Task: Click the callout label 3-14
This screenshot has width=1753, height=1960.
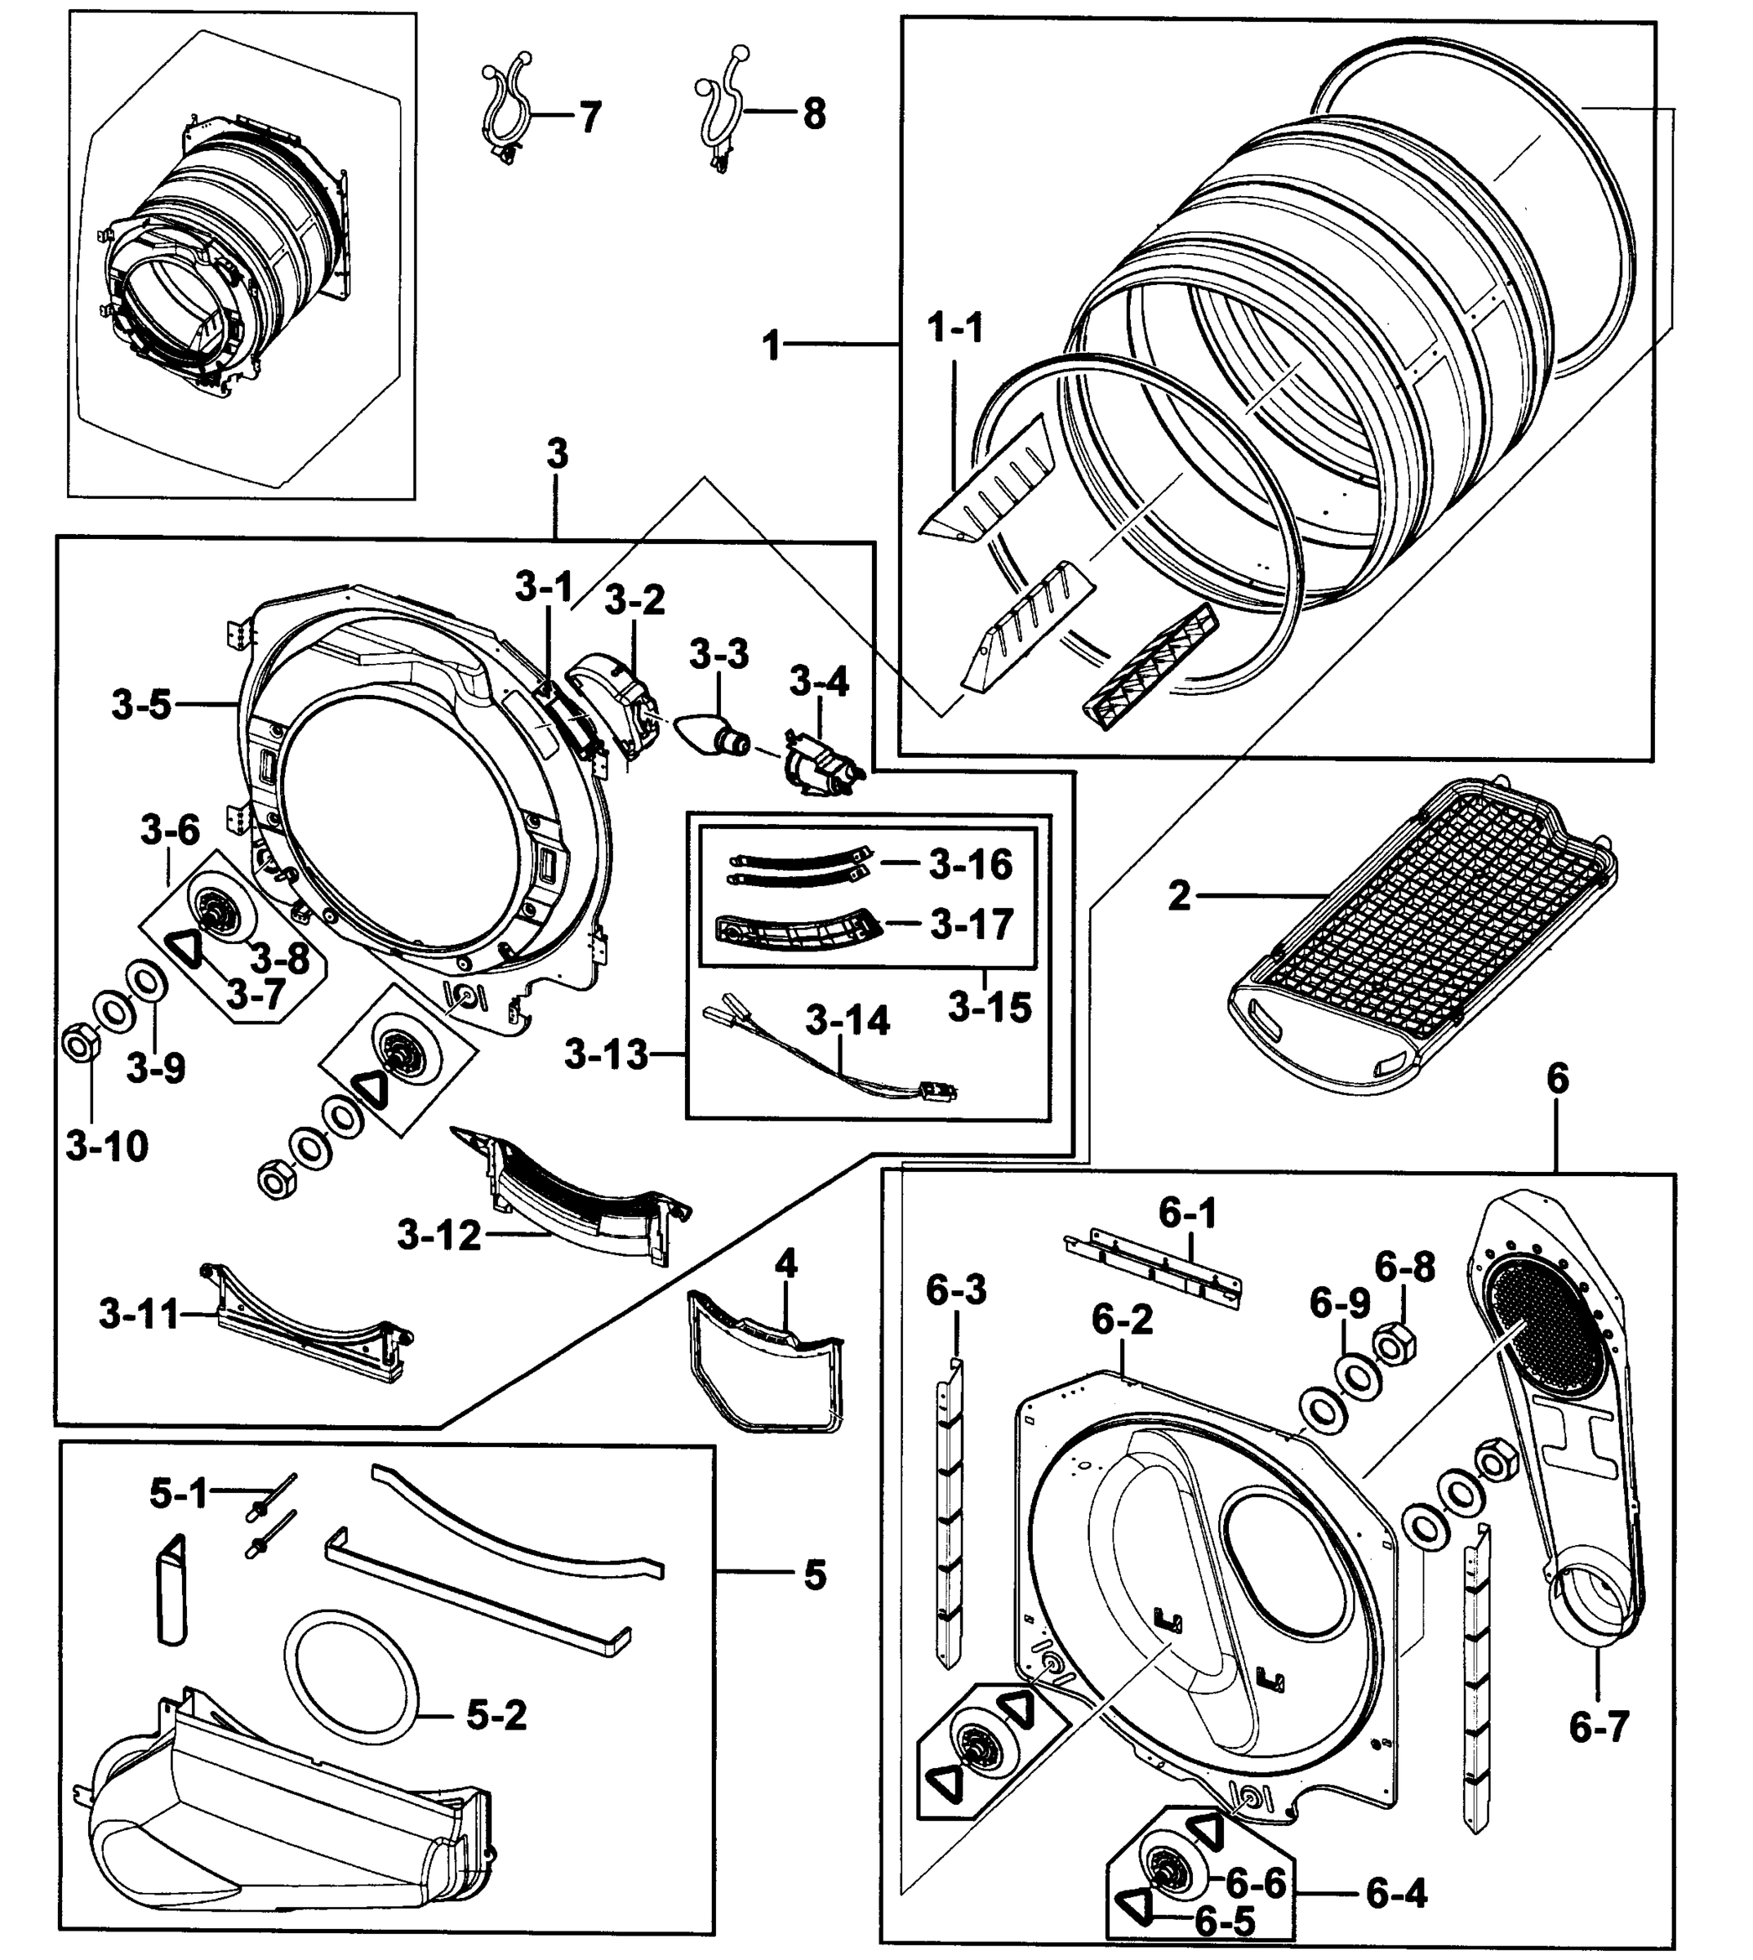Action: [x=848, y=1020]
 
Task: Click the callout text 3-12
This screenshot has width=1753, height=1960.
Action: [x=439, y=1235]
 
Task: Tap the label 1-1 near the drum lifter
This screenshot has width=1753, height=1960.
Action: [x=955, y=328]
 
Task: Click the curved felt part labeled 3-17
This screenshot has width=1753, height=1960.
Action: [x=798, y=929]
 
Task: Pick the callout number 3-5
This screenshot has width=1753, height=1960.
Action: [x=141, y=705]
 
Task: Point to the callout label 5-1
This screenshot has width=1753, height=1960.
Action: [x=179, y=1494]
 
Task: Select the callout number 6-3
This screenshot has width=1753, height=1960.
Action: [x=956, y=1290]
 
